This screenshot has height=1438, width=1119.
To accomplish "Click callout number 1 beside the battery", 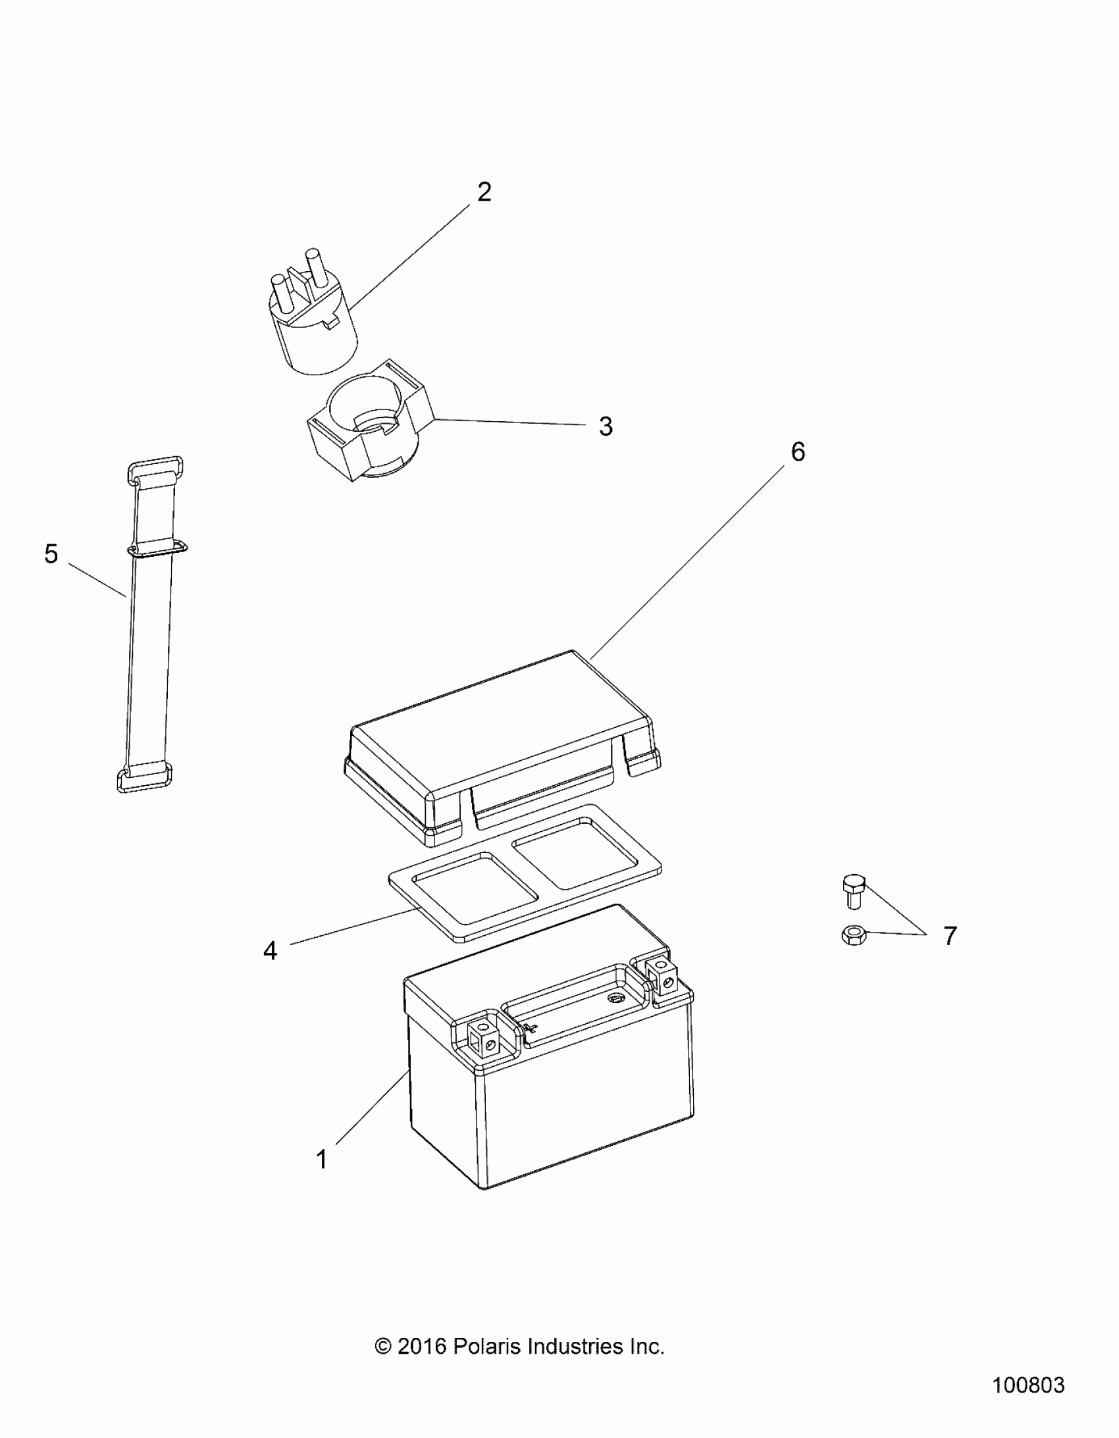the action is click(322, 1160).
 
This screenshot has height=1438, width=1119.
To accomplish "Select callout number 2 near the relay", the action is click(484, 192).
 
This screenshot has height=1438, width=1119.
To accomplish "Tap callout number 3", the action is click(606, 426).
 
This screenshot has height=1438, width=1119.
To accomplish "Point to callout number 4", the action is click(270, 951).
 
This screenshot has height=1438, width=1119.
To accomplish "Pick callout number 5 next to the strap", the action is click(51, 553).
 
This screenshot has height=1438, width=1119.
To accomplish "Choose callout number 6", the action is click(798, 451).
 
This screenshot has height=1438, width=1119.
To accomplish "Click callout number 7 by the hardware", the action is click(949, 936).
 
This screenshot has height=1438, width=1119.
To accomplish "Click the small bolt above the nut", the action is click(854, 891).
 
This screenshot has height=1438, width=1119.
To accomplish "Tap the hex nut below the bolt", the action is click(854, 935).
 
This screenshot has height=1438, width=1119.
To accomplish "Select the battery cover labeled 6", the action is click(500, 744).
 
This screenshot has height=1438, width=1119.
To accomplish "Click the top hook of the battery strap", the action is click(154, 467).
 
